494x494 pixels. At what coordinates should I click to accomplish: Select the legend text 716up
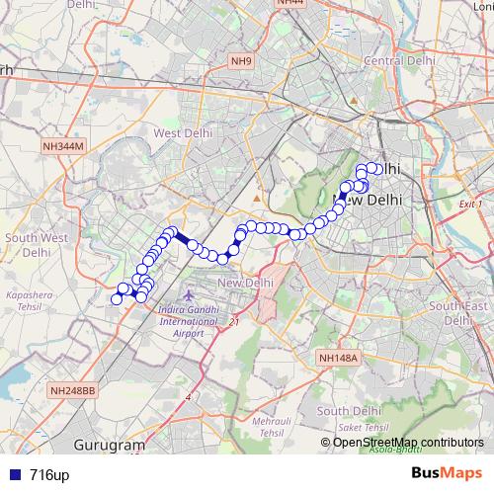[x=49, y=475]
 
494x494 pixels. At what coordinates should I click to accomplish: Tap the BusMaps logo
[x=447, y=473]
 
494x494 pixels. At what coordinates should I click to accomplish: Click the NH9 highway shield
[x=242, y=61]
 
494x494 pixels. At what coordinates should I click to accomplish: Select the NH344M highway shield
[x=65, y=146]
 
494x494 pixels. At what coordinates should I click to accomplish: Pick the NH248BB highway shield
[x=72, y=391]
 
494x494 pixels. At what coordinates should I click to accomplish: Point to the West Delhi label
[x=179, y=132]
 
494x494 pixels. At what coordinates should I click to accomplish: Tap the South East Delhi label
[x=457, y=313]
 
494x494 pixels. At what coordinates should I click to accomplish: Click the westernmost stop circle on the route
[x=117, y=298]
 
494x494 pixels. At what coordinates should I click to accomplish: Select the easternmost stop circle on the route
[x=376, y=169]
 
